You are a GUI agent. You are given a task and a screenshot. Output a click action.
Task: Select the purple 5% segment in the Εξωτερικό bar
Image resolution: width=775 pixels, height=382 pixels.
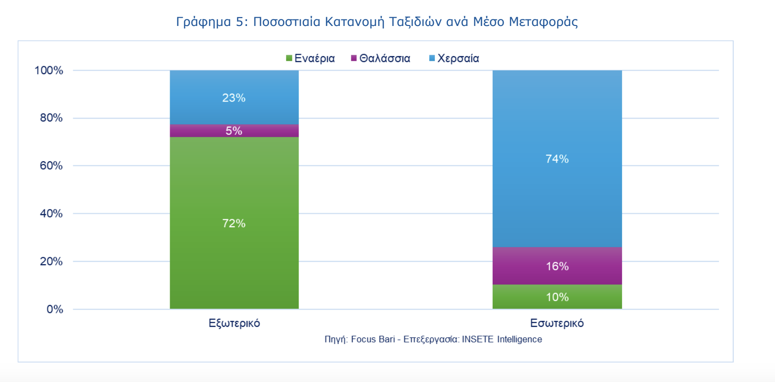click(234, 131)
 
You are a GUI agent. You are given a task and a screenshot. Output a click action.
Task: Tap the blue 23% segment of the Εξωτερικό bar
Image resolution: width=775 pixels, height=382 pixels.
click(234, 97)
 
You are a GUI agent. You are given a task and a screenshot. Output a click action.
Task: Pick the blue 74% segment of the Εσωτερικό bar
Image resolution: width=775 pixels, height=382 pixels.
click(557, 159)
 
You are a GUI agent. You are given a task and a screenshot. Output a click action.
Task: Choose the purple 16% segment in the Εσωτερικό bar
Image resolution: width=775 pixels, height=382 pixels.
click(557, 266)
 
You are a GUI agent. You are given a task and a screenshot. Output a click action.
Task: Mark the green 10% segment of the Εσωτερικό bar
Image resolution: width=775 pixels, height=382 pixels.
click(557, 297)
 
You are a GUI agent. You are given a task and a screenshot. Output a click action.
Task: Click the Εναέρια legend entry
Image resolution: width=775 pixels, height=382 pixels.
click(311, 58)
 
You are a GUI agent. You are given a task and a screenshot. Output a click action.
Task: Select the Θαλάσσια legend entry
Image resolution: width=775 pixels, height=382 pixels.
click(381, 58)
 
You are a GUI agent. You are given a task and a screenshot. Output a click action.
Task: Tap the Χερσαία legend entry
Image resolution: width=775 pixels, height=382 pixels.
click(454, 58)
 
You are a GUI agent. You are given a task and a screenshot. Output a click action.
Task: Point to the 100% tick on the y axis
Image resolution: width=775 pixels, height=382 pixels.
click(49, 70)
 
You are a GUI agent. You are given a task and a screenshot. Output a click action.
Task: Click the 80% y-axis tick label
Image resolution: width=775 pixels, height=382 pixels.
click(51, 118)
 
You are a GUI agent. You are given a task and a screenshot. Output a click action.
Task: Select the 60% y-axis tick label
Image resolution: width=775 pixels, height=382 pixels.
click(51, 166)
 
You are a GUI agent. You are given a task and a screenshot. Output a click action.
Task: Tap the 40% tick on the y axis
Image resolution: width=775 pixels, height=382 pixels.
click(51, 214)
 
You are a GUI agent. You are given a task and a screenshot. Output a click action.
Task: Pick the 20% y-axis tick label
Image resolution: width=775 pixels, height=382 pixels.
click(51, 261)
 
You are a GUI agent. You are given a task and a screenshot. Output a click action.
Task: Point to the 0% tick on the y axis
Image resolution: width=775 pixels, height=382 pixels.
click(55, 309)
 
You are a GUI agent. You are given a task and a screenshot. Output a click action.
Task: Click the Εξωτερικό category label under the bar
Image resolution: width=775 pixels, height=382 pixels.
click(234, 323)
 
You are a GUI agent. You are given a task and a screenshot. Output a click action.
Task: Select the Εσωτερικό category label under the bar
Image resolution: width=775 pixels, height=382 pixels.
click(557, 323)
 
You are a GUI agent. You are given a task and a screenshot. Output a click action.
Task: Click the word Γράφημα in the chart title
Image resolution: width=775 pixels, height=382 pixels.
click(203, 22)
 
